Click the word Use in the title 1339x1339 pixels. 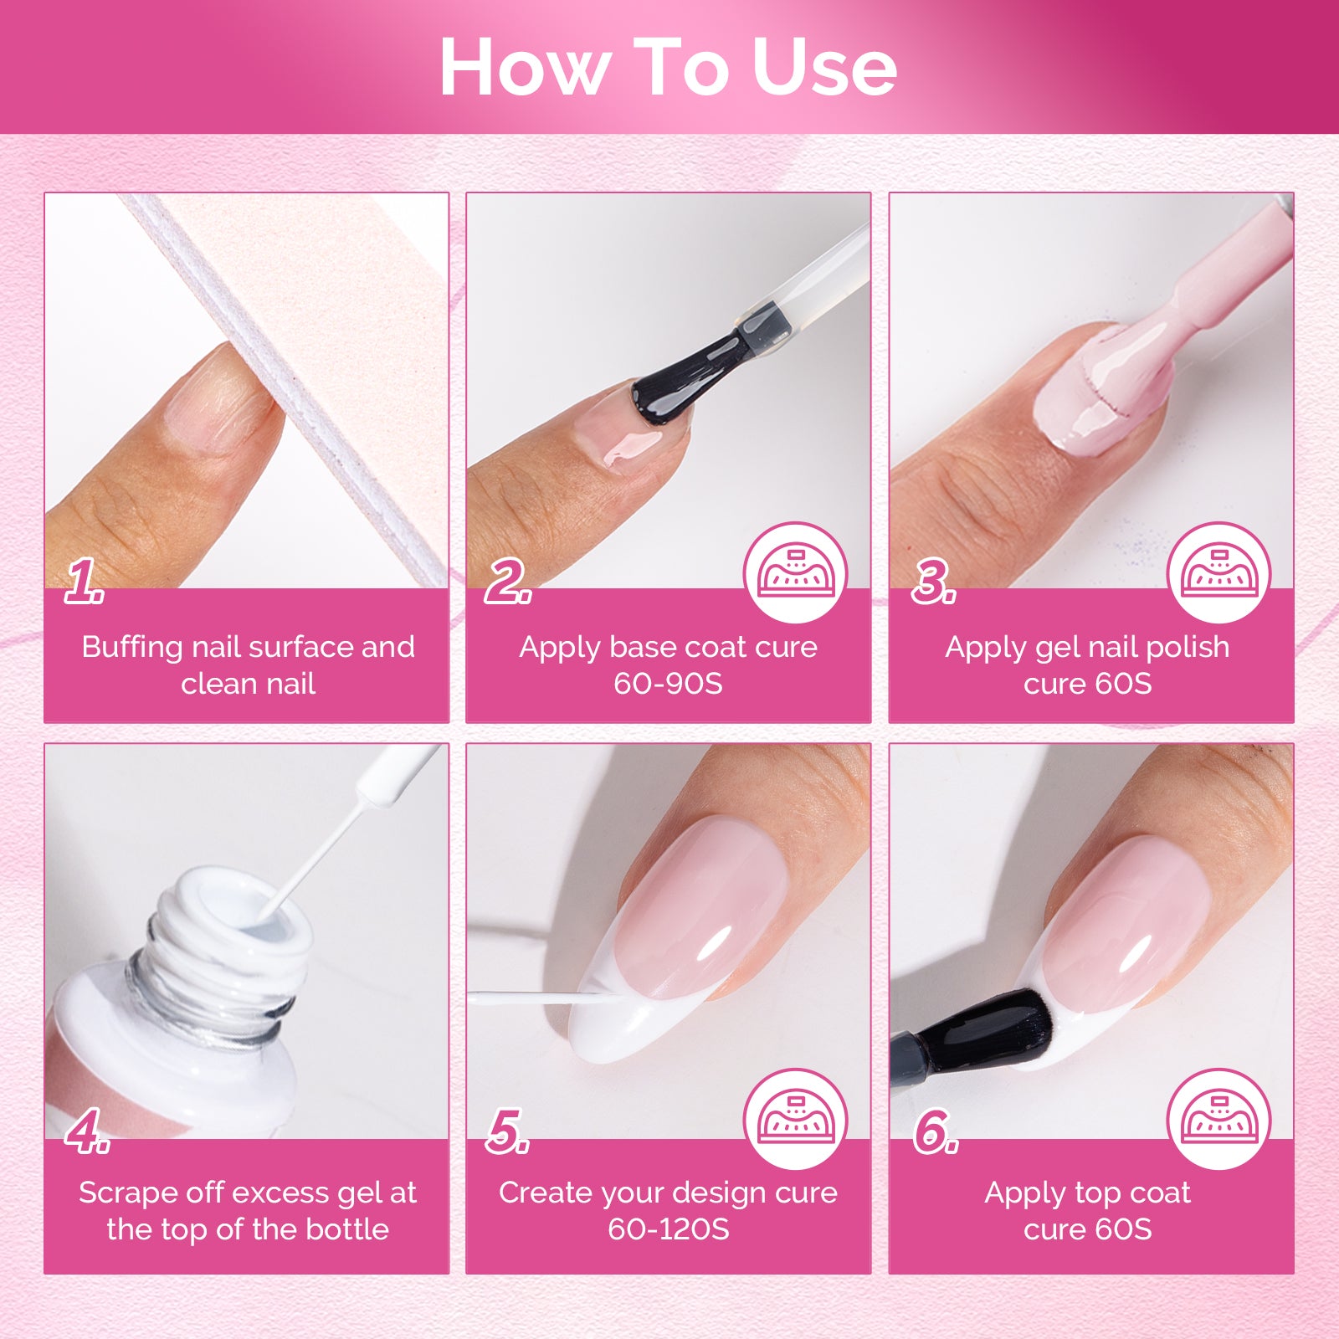pyautogui.click(x=824, y=67)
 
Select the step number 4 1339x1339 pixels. pyautogui.click(x=86, y=1131)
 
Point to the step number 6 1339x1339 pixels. pyautogui.click(x=935, y=1131)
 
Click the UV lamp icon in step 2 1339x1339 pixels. pyautogui.click(x=795, y=573)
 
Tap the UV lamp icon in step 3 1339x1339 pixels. pyautogui.click(x=1218, y=573)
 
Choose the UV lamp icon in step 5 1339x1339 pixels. pyautogui.click(x=795, y=1120)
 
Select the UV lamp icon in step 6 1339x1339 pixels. pyautogui.click(x=1218, y=1120)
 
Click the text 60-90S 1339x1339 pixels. pyautogui.click(x=668, y=684)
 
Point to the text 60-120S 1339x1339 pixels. pyautogui.click(x=668, y=1229)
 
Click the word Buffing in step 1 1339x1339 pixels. pyautogui.click(x=132, y=647)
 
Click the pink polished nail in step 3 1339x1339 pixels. pyautogui.click(x=1096, y=393)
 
